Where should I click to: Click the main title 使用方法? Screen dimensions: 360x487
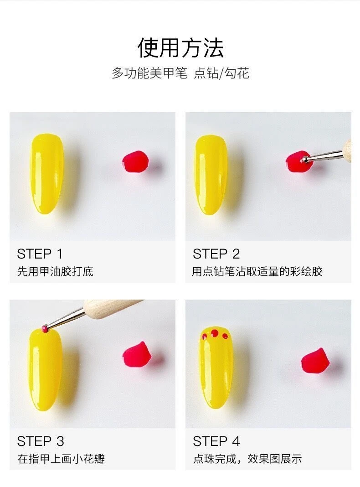tap(180, 48)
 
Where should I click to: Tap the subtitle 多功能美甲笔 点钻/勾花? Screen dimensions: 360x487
tap(180, 73)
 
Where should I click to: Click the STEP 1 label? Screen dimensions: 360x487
tap(40, 254)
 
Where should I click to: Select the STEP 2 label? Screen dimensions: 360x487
tap(216, 254)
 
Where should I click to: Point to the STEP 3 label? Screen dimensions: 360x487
tap(41, 441)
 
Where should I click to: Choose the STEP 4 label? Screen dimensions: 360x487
tap(216, 441)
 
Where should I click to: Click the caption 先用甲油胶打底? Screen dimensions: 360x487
tap(55, 271)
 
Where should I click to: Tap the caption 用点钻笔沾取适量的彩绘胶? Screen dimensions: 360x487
tap(257, 271)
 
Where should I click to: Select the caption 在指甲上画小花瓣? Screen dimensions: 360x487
tap(61, 459)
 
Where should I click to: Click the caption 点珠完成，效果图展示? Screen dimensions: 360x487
tap(247, 459)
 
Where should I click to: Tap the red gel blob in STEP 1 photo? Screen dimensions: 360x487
tap(135, 161)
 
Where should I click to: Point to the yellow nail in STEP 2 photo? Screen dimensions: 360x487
tap(211, 175)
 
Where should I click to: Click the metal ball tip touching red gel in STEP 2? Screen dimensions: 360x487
tap(304, 159)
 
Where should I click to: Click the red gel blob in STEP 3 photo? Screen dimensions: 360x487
tap(137, 354)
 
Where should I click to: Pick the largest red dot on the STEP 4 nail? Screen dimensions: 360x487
tap(215, 334)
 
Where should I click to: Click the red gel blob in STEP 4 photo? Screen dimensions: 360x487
tap(315, 360)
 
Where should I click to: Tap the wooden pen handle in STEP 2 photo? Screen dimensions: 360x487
tap(347, 151)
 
